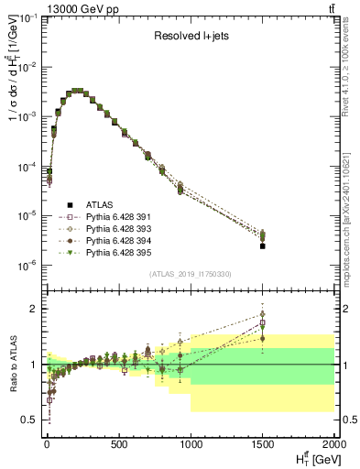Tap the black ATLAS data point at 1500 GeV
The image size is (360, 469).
tap(262, 245)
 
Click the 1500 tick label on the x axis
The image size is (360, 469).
tap(262, 443)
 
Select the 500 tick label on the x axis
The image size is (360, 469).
tap(118, 443)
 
